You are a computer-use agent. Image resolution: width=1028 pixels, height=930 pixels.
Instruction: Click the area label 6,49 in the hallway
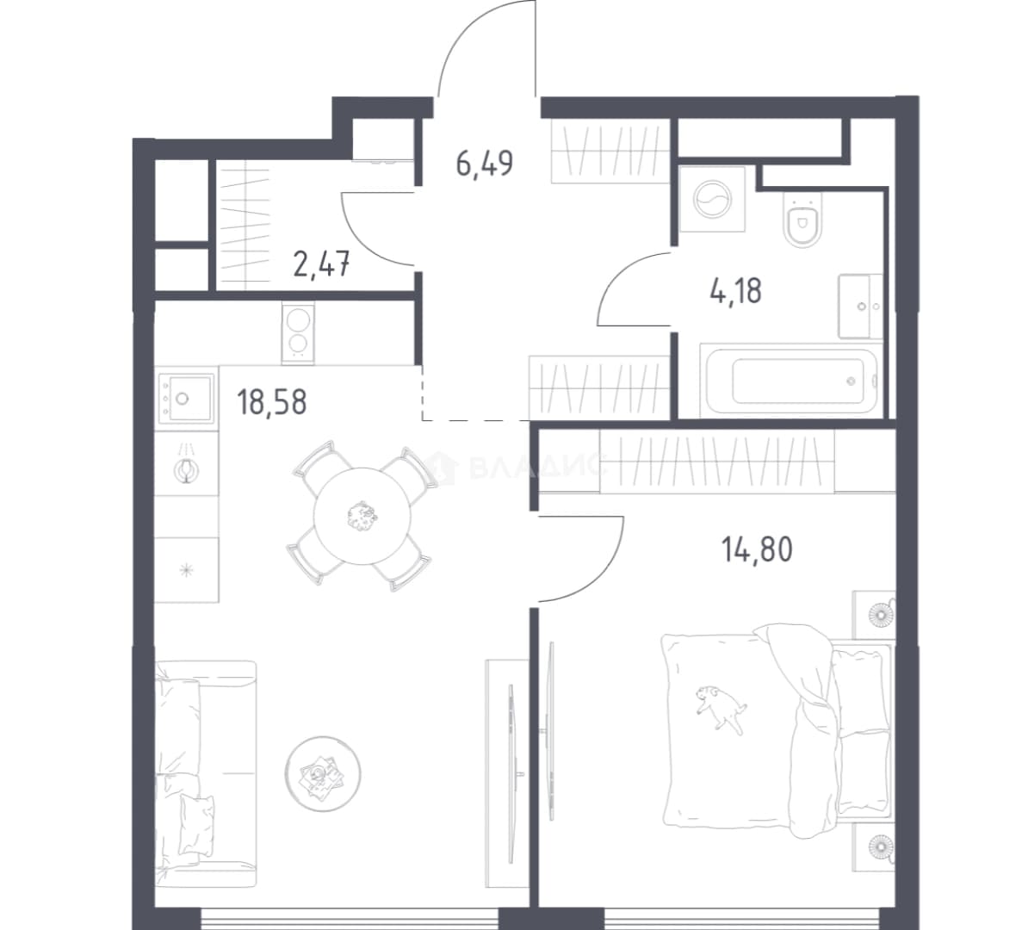pos(485,164)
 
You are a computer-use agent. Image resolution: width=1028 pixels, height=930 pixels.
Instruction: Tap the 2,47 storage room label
pos(321,264)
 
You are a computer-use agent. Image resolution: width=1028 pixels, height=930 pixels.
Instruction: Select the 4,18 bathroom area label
pos(735,290)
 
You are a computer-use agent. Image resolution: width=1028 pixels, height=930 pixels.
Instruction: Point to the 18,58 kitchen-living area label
pos(271,401)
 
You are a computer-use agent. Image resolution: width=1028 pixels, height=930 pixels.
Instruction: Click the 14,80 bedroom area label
pos(757,549)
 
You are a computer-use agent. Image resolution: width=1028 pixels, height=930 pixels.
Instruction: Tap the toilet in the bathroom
pos(803,221)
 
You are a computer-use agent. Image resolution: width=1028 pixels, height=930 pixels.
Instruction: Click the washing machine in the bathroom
pos(713,200)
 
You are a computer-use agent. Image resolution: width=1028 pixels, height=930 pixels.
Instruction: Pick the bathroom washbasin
pos(860,307)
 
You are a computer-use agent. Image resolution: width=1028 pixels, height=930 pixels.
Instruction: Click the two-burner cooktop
pos(298,332)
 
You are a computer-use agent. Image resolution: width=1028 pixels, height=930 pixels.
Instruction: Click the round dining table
pos(362,516)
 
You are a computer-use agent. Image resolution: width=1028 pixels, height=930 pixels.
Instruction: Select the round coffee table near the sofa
pos(323,774)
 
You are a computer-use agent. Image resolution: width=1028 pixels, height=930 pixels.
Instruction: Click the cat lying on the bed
pos(720,708)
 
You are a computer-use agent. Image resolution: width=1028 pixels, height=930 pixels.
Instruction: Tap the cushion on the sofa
pos(196,824)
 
